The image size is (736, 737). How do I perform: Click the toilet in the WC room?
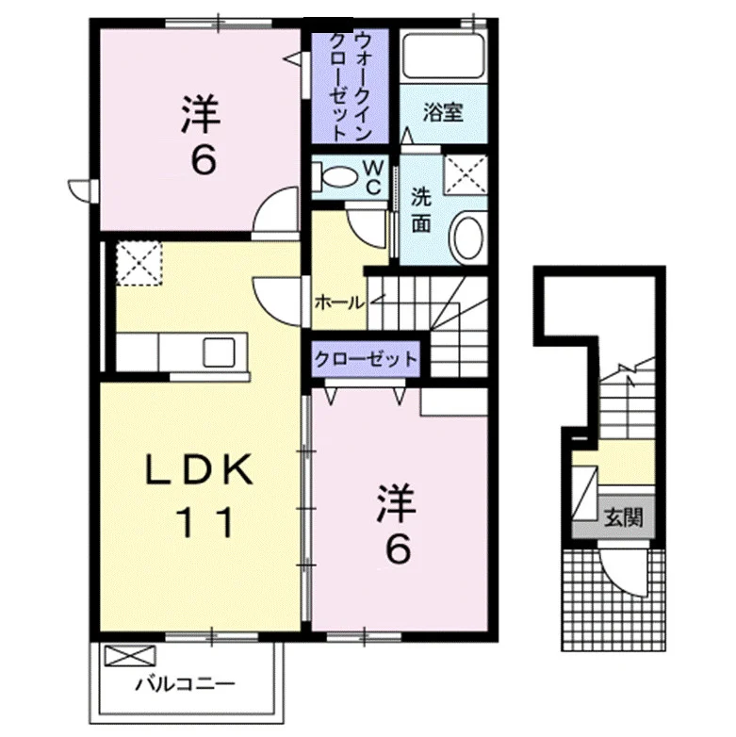tap(335, 177)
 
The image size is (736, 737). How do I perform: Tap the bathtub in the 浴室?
tap(443, 57)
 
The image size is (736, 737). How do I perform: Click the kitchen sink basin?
tap(219, 352)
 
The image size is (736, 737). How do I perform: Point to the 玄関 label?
tap(623, 517)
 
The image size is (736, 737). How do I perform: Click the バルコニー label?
tap(185, 683)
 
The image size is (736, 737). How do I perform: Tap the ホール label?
tap(339, 303)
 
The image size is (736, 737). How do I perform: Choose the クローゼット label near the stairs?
tap(366, 360)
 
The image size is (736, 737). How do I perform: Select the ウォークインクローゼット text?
tap(350, 86)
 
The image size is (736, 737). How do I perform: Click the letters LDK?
tap(200, 470)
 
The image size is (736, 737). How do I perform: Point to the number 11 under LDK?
tap(204, 522)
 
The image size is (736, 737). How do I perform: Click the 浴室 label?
tap(443, 113)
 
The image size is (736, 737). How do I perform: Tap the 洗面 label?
tap(421, 209)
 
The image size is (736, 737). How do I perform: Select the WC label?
tap(373, 177)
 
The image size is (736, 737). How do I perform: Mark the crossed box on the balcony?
tap(130, 656)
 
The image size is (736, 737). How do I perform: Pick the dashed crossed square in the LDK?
tap(139, 263)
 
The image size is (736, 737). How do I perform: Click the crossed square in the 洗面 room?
tap(466, 174)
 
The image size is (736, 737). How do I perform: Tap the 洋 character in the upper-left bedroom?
tap(201, 114)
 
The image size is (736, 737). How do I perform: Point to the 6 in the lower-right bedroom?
tap(398, 549)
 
